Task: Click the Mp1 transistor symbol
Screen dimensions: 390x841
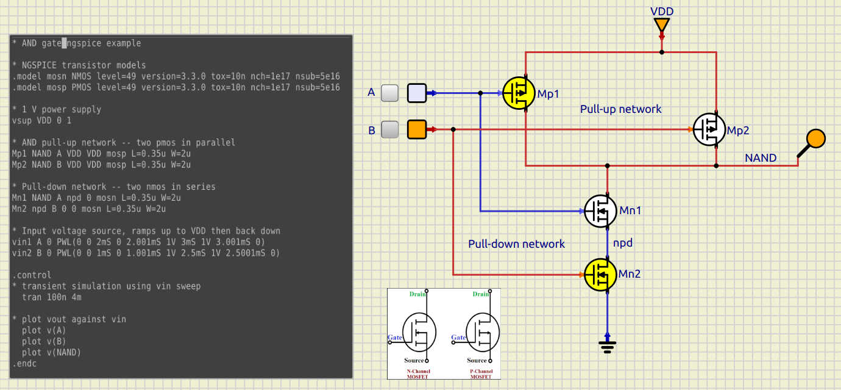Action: coord(519,93)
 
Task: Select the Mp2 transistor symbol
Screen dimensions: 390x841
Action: coord(709,129)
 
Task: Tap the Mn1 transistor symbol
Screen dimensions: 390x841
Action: coord(600,211)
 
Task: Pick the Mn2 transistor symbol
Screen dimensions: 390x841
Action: coord(600,275)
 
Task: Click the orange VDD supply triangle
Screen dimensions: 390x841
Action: coord(662,26)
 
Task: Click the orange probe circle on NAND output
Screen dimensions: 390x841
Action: coord(815,139)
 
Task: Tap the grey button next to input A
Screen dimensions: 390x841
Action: coord(389,93)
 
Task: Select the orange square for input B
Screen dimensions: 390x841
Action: coord(416,129)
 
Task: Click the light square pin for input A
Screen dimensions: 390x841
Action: coord(416,93)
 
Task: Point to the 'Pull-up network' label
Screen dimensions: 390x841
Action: coord(620,109)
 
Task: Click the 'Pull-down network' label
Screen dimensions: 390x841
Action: coord(516,244)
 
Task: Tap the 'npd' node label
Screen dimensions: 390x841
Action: coord(623,243)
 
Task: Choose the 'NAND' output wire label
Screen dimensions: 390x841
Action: coord(761,158)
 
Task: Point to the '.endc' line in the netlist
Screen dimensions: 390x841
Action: coord(24,364)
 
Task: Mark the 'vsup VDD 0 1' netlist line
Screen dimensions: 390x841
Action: coord(41,121)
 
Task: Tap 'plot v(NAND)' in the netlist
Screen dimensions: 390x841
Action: coord(51,353)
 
